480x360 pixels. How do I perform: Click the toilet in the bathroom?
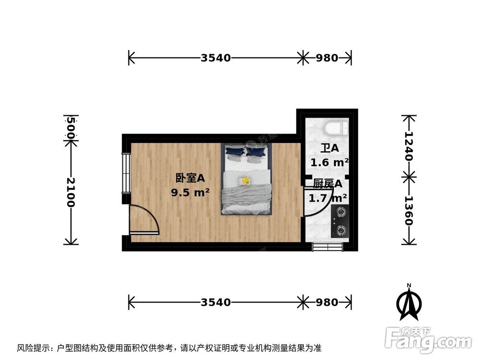[x=336, y=128]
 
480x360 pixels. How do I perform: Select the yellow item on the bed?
[x=245, y=180]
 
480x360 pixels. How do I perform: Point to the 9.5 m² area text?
[x=190, y=193]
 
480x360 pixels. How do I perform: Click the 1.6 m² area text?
[x=329, y=162]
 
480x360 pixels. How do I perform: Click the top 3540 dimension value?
[x=216, y=58]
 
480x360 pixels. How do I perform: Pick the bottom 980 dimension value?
[x=327, y=302]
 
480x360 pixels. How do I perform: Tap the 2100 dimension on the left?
[x=71, y=192]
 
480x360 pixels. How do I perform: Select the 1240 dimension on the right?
[x=409, y=147]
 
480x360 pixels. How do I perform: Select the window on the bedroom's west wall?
[x=126, y=173]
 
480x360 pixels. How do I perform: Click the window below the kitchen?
[x=327, y=247]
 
